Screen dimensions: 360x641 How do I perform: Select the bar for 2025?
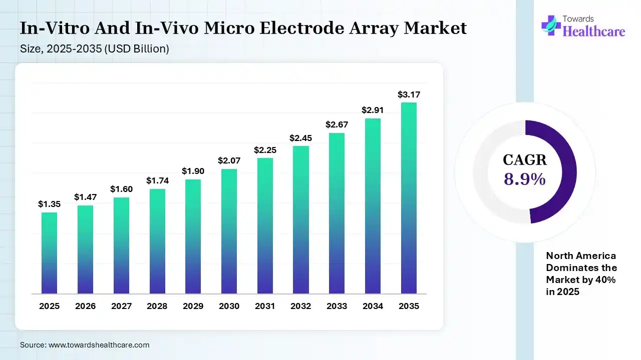49,253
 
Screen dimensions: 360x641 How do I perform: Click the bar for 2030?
229,231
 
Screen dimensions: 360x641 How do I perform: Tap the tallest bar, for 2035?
409,198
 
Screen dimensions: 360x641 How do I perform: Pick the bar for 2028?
157,241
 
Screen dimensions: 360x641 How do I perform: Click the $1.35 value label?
49,204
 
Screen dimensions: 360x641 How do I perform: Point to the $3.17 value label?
408,94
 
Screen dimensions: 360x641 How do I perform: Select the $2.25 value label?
264,149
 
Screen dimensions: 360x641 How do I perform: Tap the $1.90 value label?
193,171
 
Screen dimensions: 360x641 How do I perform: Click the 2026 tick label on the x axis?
85,306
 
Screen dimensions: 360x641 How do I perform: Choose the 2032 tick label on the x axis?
300,306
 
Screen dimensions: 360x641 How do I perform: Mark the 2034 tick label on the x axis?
373,306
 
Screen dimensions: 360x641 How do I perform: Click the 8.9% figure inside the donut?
525,178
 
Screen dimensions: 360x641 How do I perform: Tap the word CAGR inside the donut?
525,160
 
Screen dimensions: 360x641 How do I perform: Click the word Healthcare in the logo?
594,31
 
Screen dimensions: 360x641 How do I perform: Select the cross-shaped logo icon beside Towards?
551,25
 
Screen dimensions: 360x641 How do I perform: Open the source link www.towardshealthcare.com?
99,345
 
